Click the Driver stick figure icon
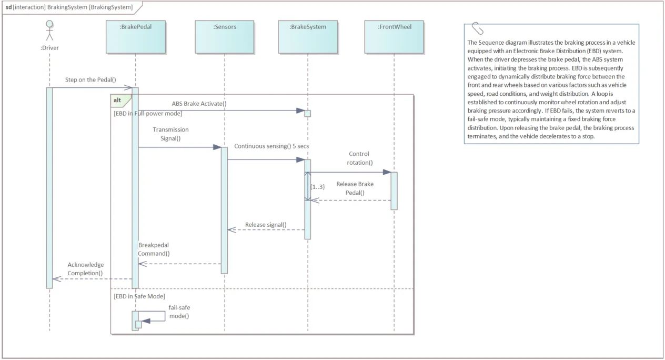pyautogui.click(x=49, y=30)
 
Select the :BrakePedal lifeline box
pyautogui.click(x=136, y=37)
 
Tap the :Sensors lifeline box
pyautogui.click(x=225, y=37)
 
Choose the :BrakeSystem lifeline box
pyautogui.click(x=308, y=37)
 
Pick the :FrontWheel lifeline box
pyautogui.click(x=394, y=37)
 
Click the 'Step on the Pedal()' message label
pyautogui.click(x=90, y=80)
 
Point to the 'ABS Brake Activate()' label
pyautogui.click(x=199, y=103)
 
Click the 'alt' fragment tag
pyautogui.click(x=117, y=100)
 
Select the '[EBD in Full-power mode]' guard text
pyautogui.click(x=148, y=113)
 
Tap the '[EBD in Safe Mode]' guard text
pyautogui.click(x=139, y=296)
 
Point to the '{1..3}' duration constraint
pyautogui.click(x=317, y=187)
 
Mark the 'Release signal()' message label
pyautogui.click(x=266, y=225)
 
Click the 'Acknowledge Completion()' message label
pyautogui.click(x=85, y=269)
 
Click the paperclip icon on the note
pyautogui.click(x=477, y=29)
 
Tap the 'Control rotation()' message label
pyautogui.click(x=359, y=158)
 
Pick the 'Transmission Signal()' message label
pyautogui.click(x=170, y=134)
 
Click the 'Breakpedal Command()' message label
pyautogui.click(x=154, y=249)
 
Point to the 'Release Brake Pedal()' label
pyautogui.click(x=355, y=188)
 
